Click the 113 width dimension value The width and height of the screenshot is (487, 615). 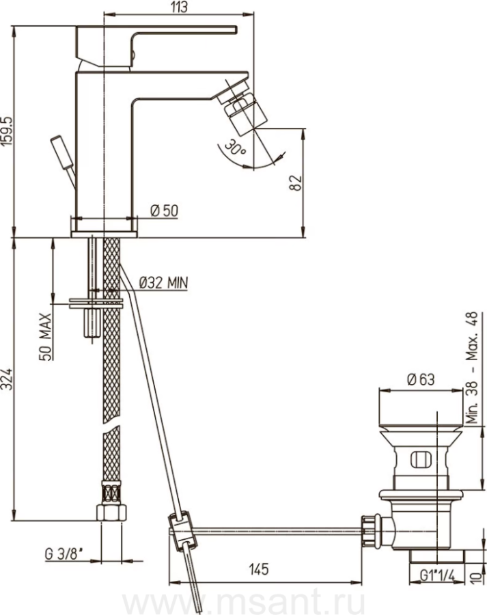[x=180, y=7]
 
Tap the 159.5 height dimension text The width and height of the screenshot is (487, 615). [x=7, y=132]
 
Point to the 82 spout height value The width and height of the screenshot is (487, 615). [x=296, y=182]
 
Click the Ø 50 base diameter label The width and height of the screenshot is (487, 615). [x=165, y=211]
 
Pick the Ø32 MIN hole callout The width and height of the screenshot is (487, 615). [x=163, y=282]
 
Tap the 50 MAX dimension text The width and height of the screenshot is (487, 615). [x=46, y=336]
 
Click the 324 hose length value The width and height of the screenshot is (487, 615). [x=7, y=379]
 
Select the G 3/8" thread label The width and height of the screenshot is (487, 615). [x=64, y=554]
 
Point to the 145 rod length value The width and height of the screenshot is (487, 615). [x=259, y=569]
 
